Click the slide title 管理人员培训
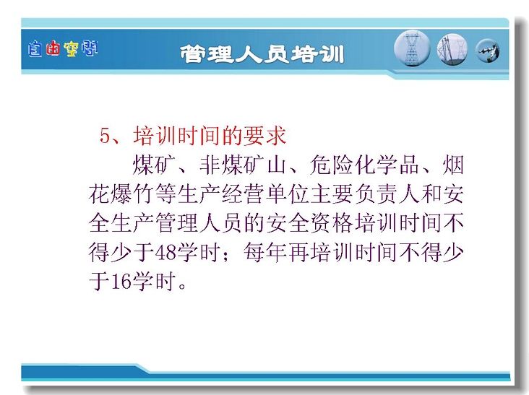262,54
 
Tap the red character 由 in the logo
53,48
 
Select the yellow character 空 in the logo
71,49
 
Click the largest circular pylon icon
412,48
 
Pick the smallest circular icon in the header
488,51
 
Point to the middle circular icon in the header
452,50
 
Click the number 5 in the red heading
105,136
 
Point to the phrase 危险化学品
364,165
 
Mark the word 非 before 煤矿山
210,165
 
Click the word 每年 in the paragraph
264,253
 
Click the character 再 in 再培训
298,253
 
